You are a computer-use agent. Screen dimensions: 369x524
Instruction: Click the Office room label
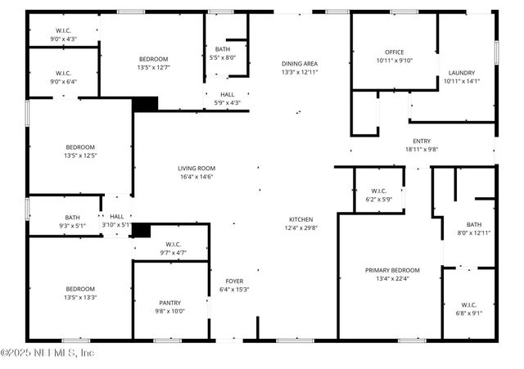(395, 52)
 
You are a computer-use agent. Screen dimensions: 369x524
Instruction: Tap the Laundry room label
(462, 73)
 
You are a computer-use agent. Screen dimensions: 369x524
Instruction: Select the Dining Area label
(299, 64)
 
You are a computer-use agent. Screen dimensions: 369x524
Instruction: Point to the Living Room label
(196, 169)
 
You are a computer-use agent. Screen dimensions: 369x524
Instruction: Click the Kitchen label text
(299, 219)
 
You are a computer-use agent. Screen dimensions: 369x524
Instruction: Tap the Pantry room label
(170, 303)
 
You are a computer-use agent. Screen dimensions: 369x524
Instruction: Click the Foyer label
(233, 281)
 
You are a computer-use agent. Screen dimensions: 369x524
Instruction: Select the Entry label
(422, 141)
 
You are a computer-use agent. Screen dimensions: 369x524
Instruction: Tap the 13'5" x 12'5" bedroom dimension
(80, 155)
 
